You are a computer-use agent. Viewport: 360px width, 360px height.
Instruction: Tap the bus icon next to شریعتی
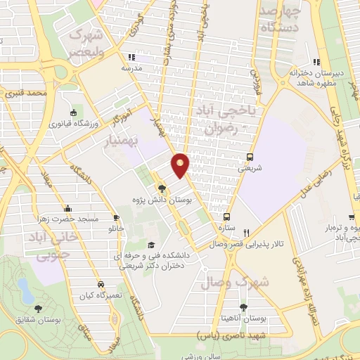(x=250, y=157)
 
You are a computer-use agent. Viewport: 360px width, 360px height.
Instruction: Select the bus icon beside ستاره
(x=226, y=217)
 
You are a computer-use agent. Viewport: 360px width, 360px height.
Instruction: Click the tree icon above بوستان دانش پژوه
(x=162, y=188)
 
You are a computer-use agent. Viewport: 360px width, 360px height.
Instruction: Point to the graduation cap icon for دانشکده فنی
(x=151, y=245)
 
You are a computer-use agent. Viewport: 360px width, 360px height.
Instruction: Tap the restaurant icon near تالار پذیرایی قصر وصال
(x=246, y=233)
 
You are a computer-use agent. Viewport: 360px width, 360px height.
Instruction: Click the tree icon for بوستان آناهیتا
(x=243, y=307)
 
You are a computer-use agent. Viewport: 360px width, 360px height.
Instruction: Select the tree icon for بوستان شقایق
(x=37, y=308)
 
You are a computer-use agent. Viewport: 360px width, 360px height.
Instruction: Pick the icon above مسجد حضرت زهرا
(x=67, y=208)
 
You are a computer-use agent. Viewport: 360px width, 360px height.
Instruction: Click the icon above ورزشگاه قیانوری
(x=74, y=112)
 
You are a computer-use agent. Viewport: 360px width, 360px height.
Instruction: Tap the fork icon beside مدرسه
(x=131, y=58)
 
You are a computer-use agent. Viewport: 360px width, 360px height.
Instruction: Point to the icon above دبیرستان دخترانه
(x=316, y=61)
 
